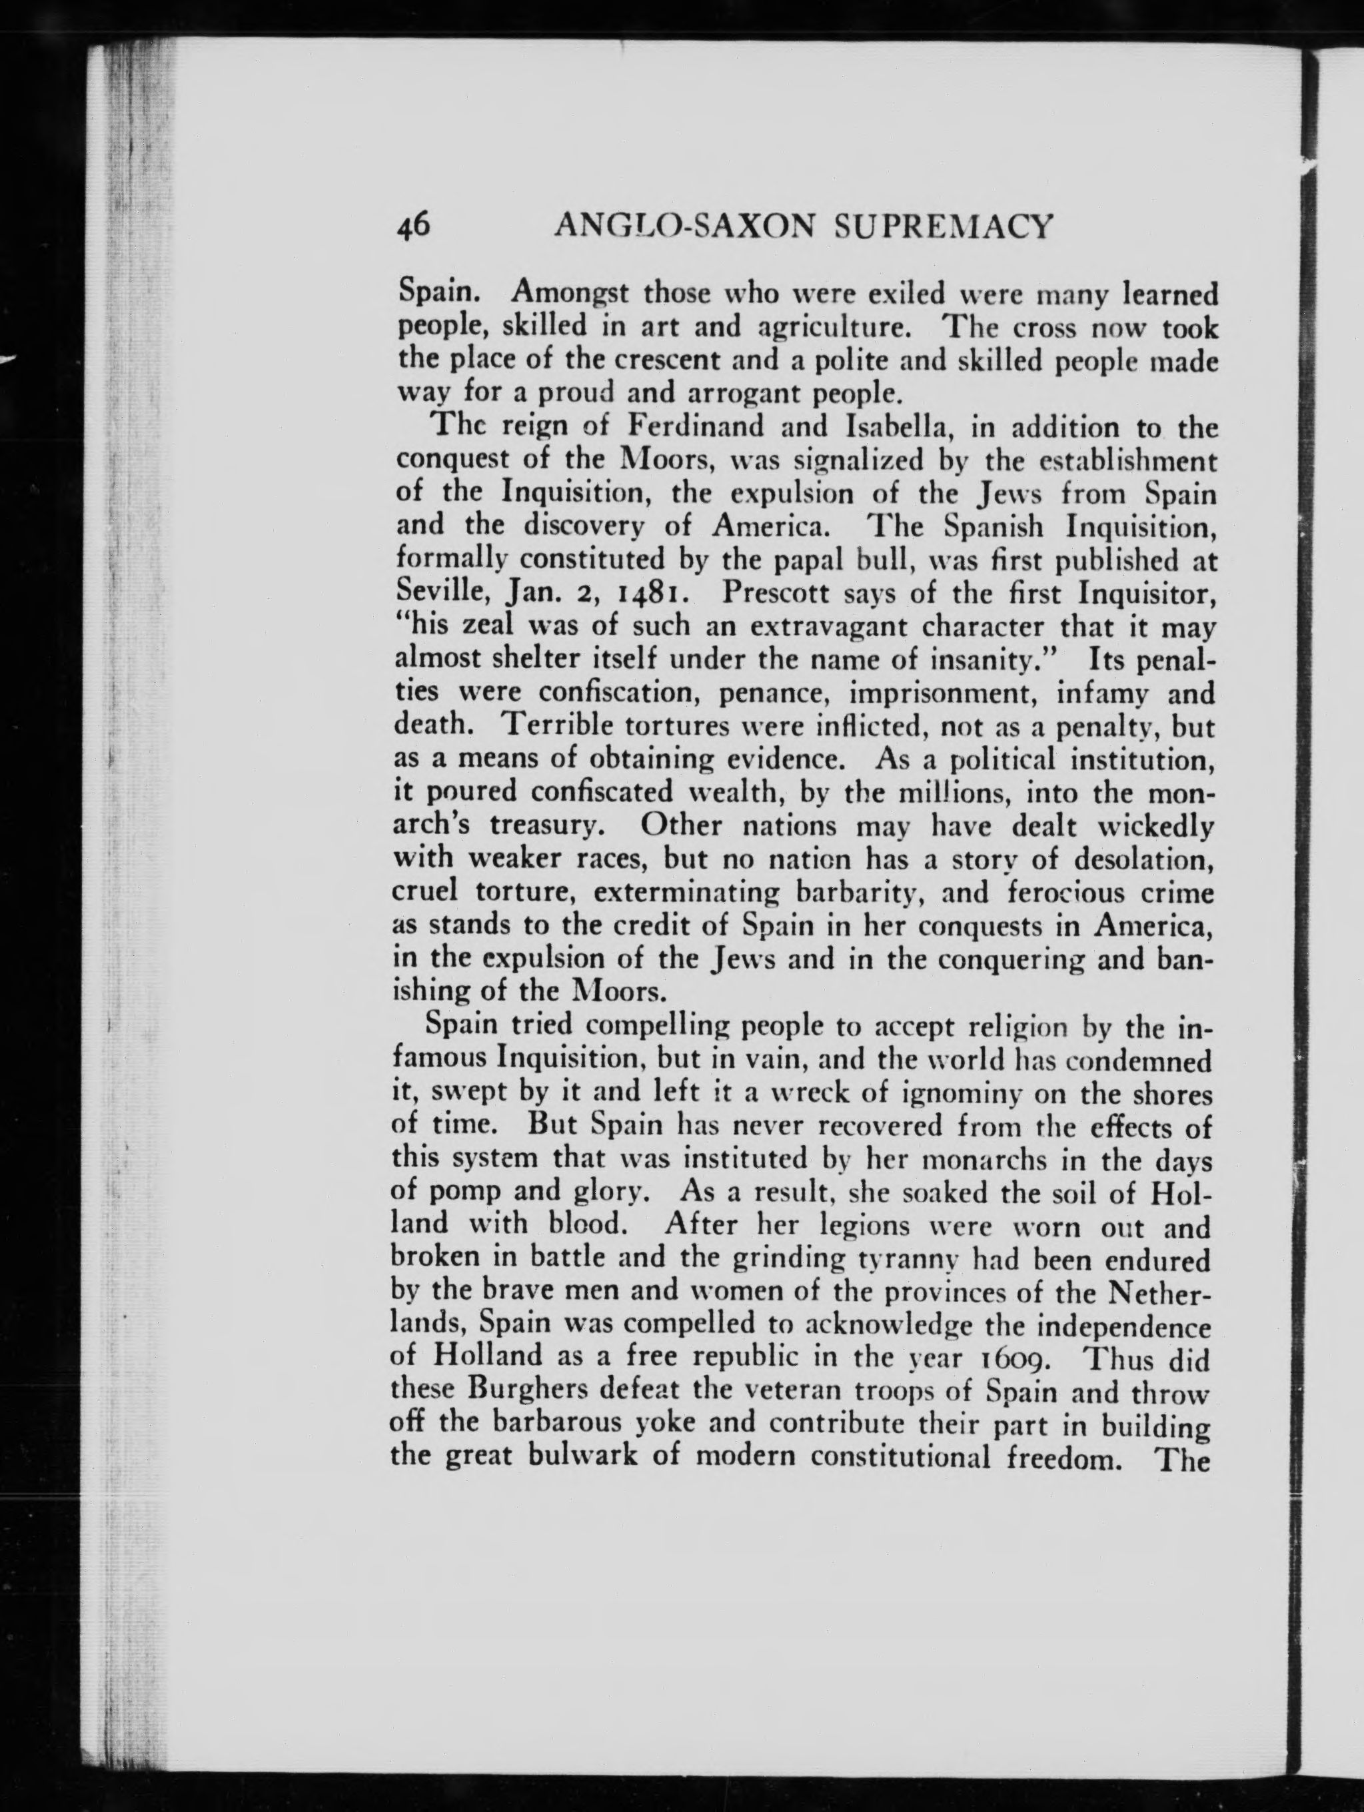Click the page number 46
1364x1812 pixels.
pos(414,225)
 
